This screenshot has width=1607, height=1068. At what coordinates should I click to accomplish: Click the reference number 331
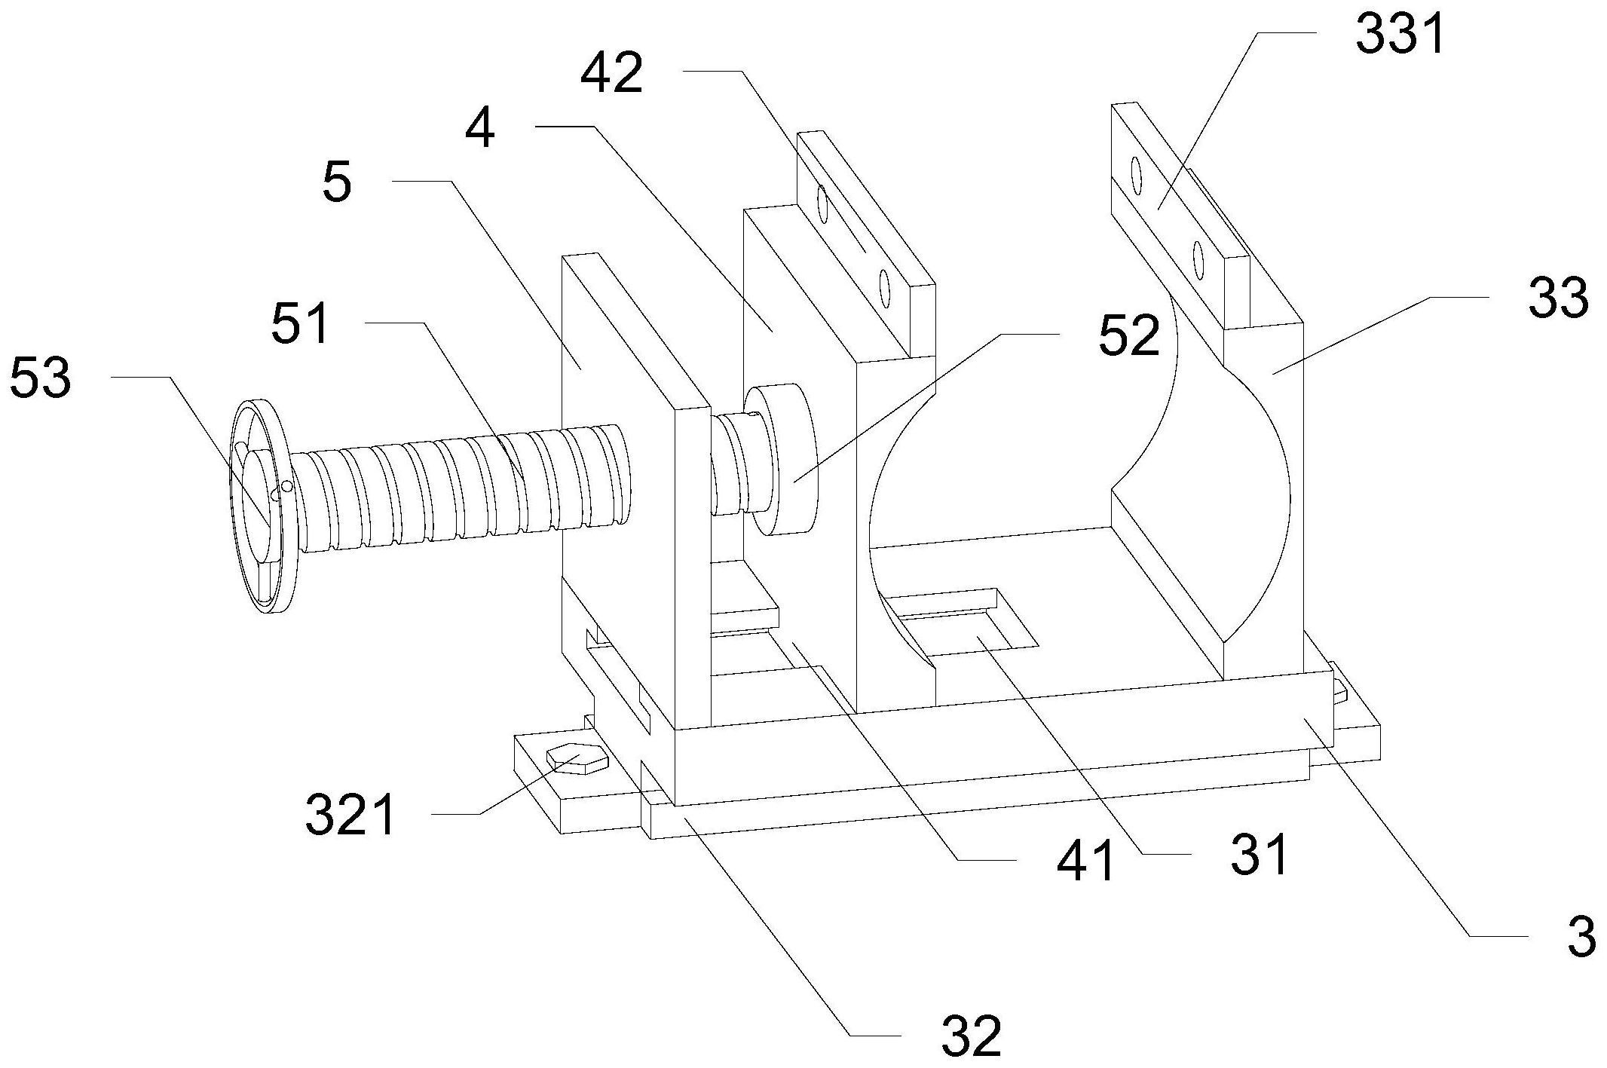click(x=1400, y=35)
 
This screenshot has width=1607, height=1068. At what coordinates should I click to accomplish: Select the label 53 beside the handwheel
click(x=41, y=378)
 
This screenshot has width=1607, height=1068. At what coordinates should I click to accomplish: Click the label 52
click(x=1128, y=335)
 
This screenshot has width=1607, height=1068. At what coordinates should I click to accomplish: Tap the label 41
click(x=1087, y=861)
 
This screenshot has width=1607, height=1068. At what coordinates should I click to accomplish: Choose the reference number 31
click(x=1259, y=855)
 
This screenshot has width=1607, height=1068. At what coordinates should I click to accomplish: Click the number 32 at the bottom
click(x=972, y=1036)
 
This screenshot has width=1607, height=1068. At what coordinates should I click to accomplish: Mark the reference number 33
click(x=1559, y=298)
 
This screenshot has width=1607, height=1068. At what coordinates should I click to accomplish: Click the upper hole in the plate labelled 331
click(x=1136, y=174)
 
